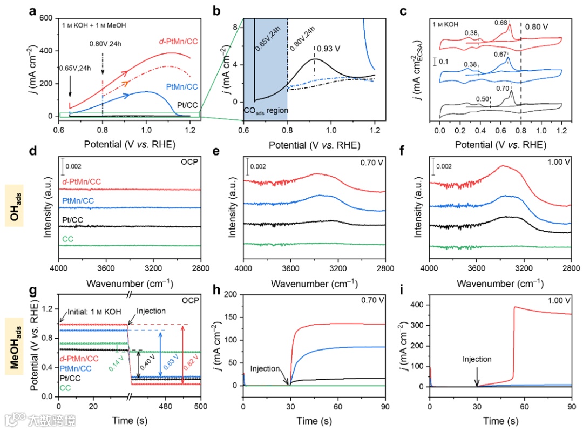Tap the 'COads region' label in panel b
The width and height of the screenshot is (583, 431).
click(265, 110)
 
